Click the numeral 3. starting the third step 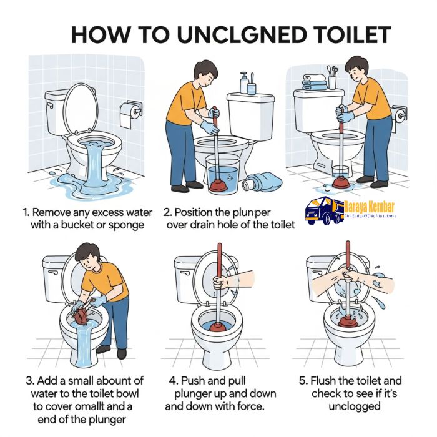pos(30,380)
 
